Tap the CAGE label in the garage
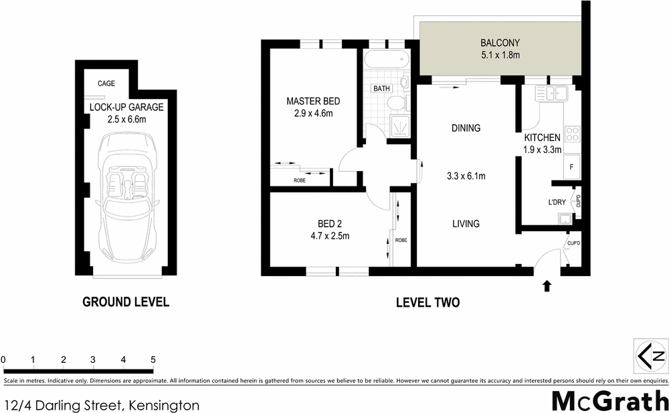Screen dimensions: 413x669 point(106,84)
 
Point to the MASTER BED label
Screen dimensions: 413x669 point(313,102)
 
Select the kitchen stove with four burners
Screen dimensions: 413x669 point(572,133)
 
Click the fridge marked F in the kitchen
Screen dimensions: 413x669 point(571,166)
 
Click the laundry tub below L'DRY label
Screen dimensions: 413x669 point(565,217)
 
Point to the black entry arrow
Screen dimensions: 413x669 point(547,286)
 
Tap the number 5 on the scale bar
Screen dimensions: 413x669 point(153,360)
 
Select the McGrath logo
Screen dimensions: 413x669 point(609,401)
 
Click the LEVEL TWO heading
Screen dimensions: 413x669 point(427,302)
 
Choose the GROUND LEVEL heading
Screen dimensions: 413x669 point(126,302)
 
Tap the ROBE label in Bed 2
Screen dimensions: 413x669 point(401,240)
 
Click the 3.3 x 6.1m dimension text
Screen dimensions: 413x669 point(466,176)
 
